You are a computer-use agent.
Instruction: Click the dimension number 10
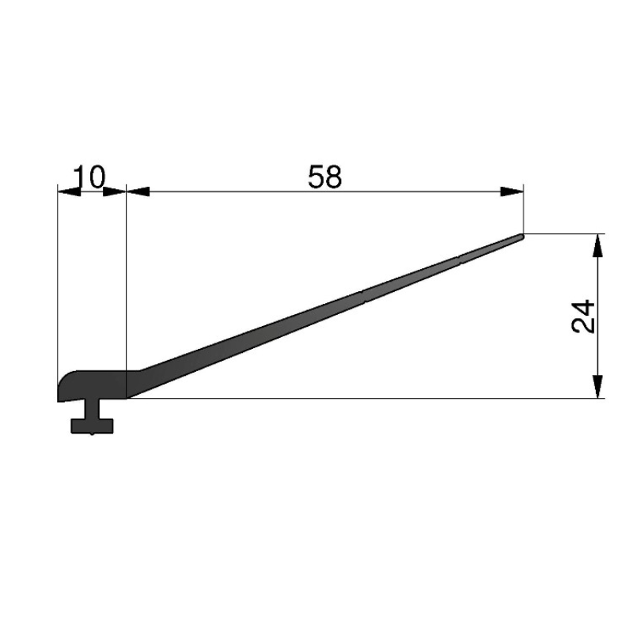coord(89,176)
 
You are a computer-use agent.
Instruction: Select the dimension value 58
coord(325,176)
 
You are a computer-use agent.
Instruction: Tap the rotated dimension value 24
coord(584,316)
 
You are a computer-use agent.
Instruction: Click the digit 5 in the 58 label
coord(316,176)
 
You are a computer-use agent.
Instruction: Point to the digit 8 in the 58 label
coord(334,176)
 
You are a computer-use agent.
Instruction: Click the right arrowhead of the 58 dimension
coord(512,191)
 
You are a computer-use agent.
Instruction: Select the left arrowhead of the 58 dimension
coord(138,191)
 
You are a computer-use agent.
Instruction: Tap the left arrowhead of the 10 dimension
coord(69,191)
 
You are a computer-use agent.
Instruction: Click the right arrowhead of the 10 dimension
coord(115,191)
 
